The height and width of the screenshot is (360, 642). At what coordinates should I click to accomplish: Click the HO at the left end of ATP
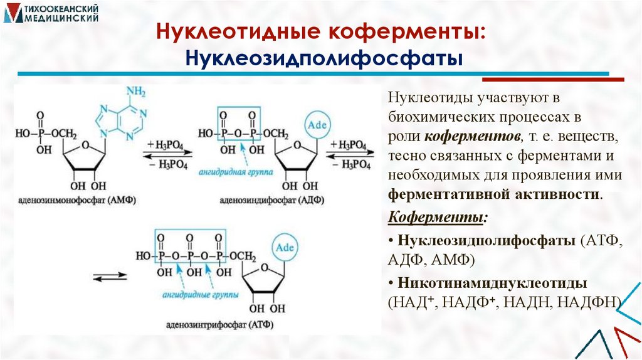pyautogui.click(x=143, y=256)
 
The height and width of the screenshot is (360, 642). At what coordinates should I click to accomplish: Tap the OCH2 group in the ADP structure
pyautogui.click(x=276, y=134)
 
